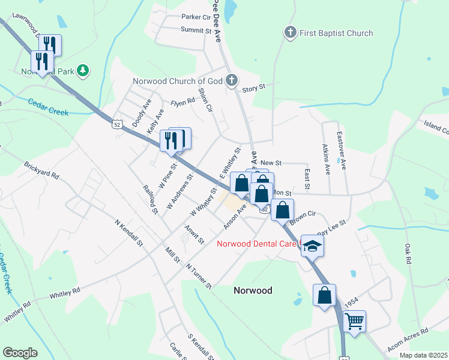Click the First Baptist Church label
(336, 33)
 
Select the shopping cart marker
(354, 321)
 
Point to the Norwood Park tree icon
(83, 71)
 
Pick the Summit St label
(197, 29)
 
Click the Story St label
(253, 88)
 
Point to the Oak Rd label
(408, 253)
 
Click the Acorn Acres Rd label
(408, 339)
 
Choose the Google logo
(20, 352)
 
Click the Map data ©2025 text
(423, 355)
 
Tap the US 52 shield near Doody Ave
(116, 124)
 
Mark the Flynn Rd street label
(183, 102)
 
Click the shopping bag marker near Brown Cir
(282, 210)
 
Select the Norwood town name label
(252, 290)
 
